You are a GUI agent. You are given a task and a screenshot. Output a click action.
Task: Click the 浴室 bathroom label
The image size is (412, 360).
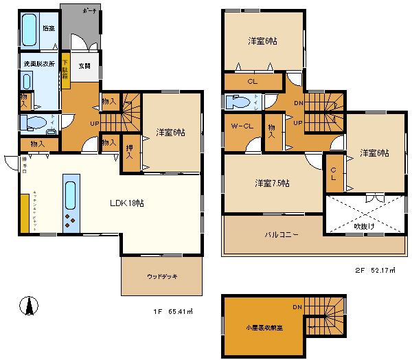pos(48,29)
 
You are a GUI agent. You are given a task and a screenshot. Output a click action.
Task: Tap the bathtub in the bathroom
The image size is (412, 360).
pos(30,31)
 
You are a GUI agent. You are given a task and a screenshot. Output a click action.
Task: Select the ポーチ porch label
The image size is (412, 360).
pos(89,12)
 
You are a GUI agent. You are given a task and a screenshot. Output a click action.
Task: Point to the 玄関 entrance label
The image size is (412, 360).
pos(84,66)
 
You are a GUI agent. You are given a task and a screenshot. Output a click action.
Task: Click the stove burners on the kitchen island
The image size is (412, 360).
pos(71,221)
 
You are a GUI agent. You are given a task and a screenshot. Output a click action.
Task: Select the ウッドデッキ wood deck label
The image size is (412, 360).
pos(162,276)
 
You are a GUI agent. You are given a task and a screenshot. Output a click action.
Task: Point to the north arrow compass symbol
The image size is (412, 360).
pos(27,304)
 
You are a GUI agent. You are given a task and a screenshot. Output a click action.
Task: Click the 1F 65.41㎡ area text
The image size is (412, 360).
pos(173,311)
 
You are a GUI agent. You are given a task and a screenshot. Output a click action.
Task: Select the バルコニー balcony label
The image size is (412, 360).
pos(282,235)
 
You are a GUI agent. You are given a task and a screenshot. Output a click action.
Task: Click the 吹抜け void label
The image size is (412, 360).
pos(365,225)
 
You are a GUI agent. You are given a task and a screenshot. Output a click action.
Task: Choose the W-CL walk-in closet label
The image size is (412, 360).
pos(242,126)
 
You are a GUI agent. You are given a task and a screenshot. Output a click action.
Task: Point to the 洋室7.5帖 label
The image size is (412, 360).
pos(272,183)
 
